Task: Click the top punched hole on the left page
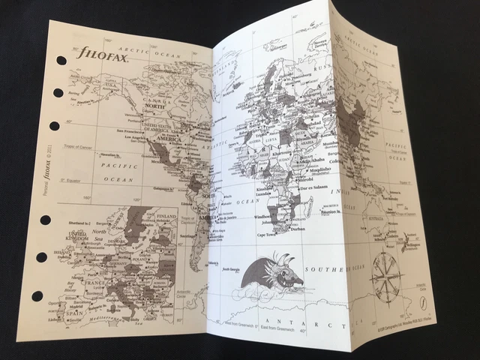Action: [x=61, y=61]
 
